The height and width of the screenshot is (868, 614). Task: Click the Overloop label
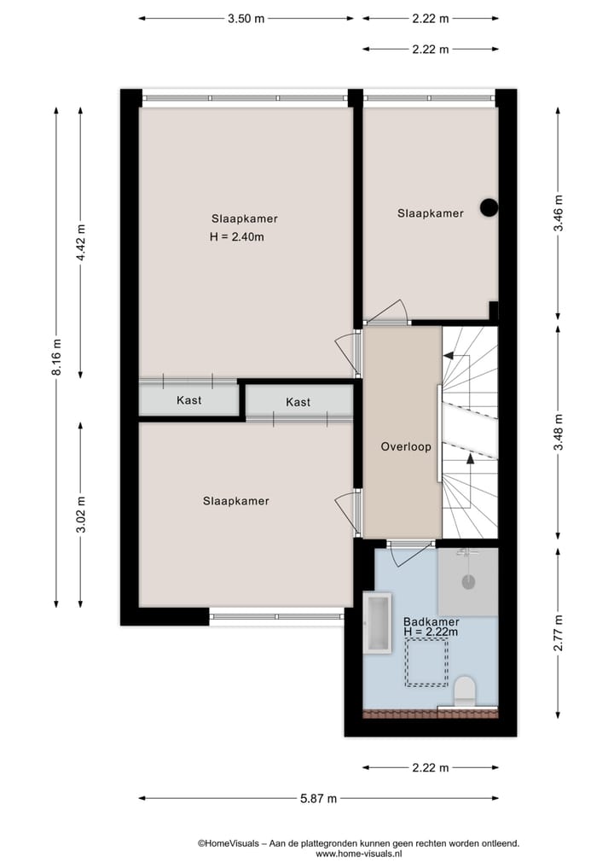(406, 446)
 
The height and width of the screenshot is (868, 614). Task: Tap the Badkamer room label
(432, 622)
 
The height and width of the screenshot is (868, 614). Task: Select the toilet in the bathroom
(465, 690)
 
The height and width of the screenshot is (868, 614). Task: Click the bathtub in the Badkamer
(376, 624)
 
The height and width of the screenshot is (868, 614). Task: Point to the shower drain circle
(467, 582)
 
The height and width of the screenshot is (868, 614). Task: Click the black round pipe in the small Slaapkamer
(489, 207)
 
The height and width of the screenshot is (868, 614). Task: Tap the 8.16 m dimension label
(56, 358)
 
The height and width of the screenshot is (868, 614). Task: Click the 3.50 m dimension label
(246, 18)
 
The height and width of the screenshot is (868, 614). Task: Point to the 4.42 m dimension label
(81, 246)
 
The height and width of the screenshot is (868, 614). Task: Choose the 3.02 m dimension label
(81, 515)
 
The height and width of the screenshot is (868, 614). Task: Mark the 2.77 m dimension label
(558, 633)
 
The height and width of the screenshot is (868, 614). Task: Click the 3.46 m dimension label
(558, 215)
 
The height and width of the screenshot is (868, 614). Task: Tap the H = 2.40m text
(236, 237)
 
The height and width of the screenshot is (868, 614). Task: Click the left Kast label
(188, 400)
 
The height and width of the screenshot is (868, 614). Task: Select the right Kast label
(298, 402)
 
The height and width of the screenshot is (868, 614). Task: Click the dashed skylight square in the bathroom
(426, 664)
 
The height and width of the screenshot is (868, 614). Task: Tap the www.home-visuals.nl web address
(358, 853)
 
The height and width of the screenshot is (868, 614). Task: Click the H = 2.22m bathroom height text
(432, 632)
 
